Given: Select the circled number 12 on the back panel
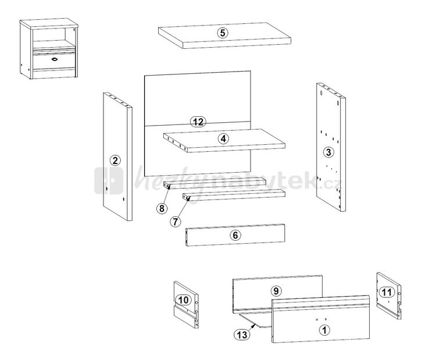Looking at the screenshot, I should tap(198, 122).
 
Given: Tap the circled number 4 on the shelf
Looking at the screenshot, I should tap(223, 139).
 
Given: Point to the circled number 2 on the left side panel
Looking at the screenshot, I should tap(116, 160).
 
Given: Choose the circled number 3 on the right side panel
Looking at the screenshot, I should tap(328, 152).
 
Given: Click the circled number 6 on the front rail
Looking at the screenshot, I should tap(235, 236).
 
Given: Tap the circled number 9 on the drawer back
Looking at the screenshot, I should tap(276, 290).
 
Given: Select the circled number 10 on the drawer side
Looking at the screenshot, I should tap(184, 300).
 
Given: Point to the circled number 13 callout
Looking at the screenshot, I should tap(241, 334).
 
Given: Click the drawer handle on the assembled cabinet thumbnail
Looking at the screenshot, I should tap(55, 59).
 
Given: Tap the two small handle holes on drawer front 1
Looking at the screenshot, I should tap(321, 320).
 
